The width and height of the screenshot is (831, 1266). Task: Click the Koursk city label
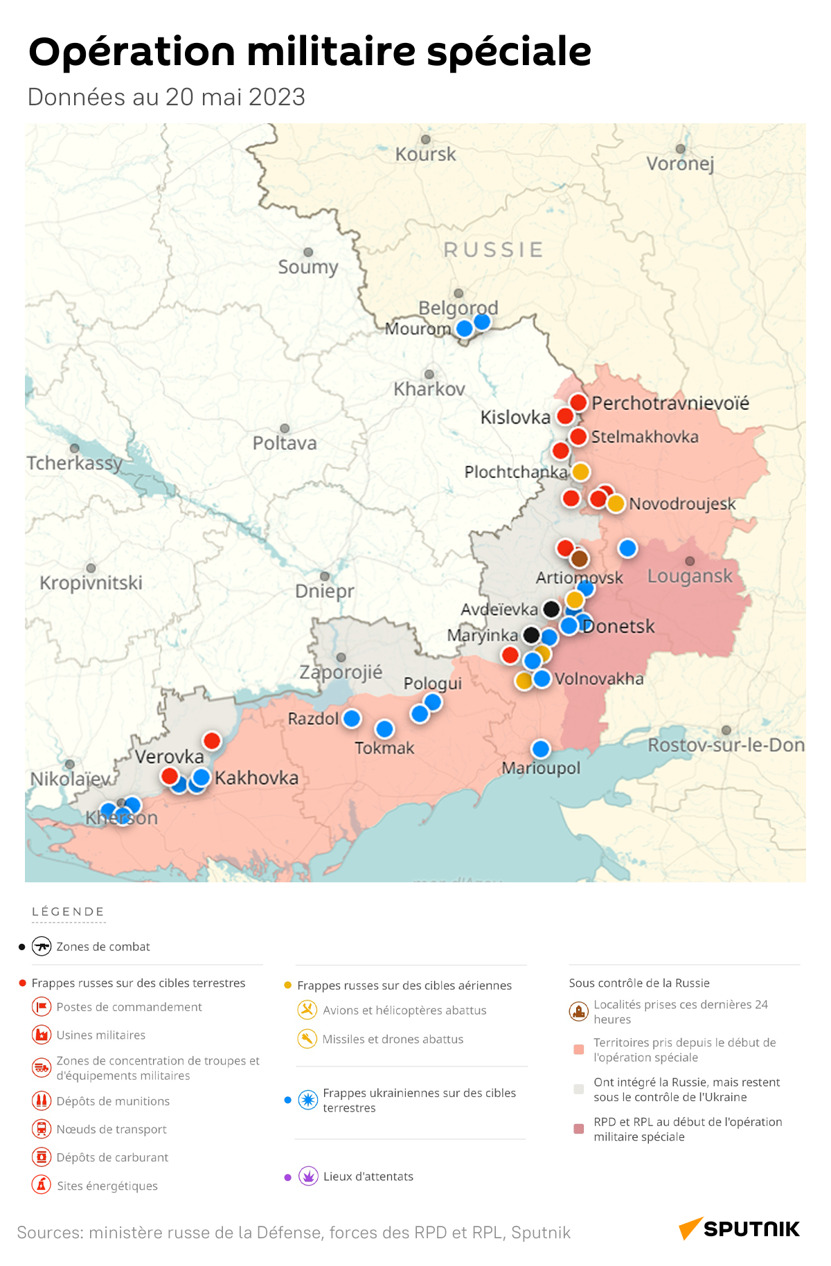point(425,154)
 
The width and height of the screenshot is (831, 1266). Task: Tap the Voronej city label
point(679,163)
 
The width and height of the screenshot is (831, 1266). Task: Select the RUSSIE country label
point(493,249)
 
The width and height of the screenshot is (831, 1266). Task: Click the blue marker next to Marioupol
point(540,749)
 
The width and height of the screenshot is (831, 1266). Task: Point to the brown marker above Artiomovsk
point(580,558)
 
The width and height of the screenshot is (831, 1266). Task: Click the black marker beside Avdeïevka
point(551,609)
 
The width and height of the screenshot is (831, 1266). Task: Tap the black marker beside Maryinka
point(531,634)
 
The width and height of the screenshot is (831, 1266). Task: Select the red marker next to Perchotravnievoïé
point(578,402)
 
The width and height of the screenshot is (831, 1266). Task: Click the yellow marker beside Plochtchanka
point(580,472)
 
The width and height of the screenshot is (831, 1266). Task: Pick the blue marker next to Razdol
point(352,718)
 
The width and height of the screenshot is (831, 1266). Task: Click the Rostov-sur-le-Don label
point(726,745)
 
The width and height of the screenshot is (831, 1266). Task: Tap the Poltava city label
point(285,443)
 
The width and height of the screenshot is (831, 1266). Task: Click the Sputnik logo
point(739,1229)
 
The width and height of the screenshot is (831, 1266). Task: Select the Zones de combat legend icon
point(42,946)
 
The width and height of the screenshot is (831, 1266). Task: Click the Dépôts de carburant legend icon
point(42,1157)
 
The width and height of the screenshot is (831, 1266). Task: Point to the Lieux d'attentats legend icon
point(308,1176)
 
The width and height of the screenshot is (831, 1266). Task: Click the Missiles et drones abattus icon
point(307,1039)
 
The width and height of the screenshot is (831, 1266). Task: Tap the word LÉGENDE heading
point(68,911)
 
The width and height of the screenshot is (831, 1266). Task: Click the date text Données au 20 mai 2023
point(166,97)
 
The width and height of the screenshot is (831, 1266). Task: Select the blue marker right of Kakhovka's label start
point(202,777)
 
